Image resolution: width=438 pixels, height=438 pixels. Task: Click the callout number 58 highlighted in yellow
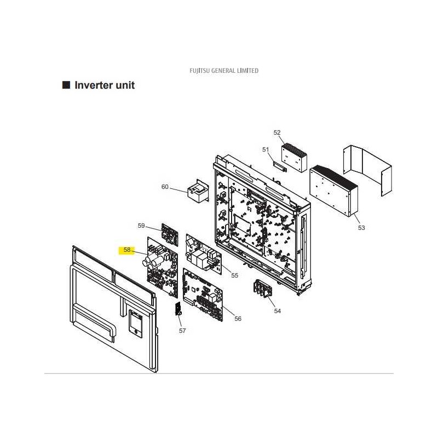click(x=127, y=250)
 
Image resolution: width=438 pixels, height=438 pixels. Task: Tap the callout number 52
click(x=277, y=132)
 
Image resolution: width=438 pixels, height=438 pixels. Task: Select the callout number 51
click(x=266, y=149)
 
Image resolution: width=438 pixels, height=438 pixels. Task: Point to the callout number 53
click(x=361, y=228)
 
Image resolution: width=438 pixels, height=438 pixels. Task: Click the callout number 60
click(x=165, y=187)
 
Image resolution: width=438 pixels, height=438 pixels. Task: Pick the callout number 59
click(x=141, y=226)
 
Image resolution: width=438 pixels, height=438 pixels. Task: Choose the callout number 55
click(x=235, y=275)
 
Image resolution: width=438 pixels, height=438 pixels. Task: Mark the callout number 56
click(x=238, y=319)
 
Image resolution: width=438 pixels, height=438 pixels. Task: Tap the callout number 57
click(x=182, y=331)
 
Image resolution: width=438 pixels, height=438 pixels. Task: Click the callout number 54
click(x=278, y=311)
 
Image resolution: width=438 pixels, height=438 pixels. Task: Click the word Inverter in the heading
click(x=93, y=85)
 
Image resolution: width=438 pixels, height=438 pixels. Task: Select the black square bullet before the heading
click(x=66, y=85)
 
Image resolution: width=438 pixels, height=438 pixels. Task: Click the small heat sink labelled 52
click(x=294, y=158)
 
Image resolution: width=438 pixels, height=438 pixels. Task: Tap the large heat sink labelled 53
click(x=333, y=191)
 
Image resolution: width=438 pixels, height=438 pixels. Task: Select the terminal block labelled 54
click(x=263, y=289)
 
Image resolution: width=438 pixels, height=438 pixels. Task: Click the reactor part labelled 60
click(x=198, y=192)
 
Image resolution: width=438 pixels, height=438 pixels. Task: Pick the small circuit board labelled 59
click(x=170, y=234)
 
